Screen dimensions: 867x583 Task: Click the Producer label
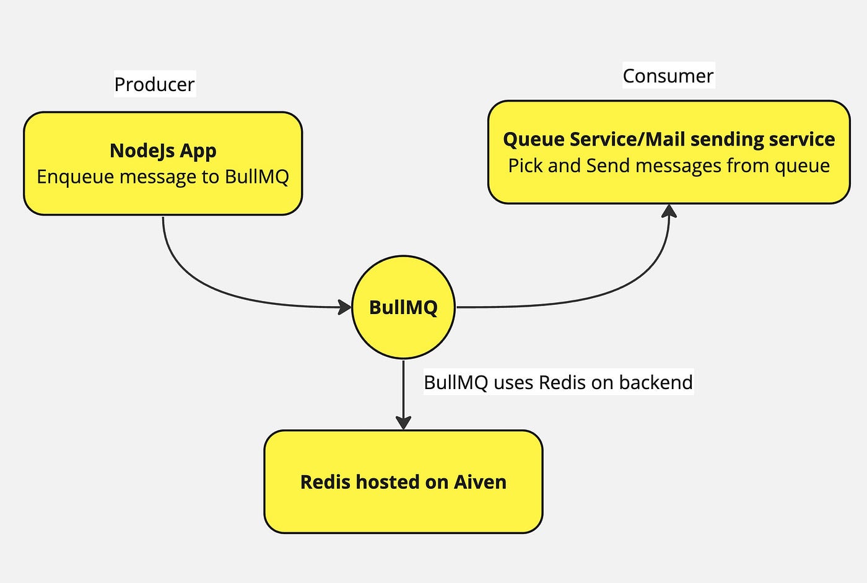(x=154, y=84)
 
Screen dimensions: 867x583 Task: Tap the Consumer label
(x=668, y=76)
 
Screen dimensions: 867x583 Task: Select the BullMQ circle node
(x=403, y=307)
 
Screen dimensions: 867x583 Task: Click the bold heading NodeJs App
(x=163, y=151)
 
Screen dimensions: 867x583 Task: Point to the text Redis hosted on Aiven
(x=403, y=482)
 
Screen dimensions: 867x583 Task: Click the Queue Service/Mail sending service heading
(x=669, y=139)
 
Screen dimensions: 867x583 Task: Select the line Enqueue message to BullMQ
(x=163, y=177)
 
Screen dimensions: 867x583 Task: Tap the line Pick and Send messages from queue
(x=669, y=165)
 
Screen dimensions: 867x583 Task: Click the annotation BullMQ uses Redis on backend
(x=558, y=382)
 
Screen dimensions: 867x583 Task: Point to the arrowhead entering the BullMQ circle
(x=344, y=307)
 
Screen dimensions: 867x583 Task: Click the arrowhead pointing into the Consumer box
(x=669, y=211)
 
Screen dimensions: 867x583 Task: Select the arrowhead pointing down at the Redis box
(x=403, y=423)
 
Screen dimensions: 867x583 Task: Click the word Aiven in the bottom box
(x=480, y=482)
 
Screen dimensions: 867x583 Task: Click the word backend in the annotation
(x=656, y=382)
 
